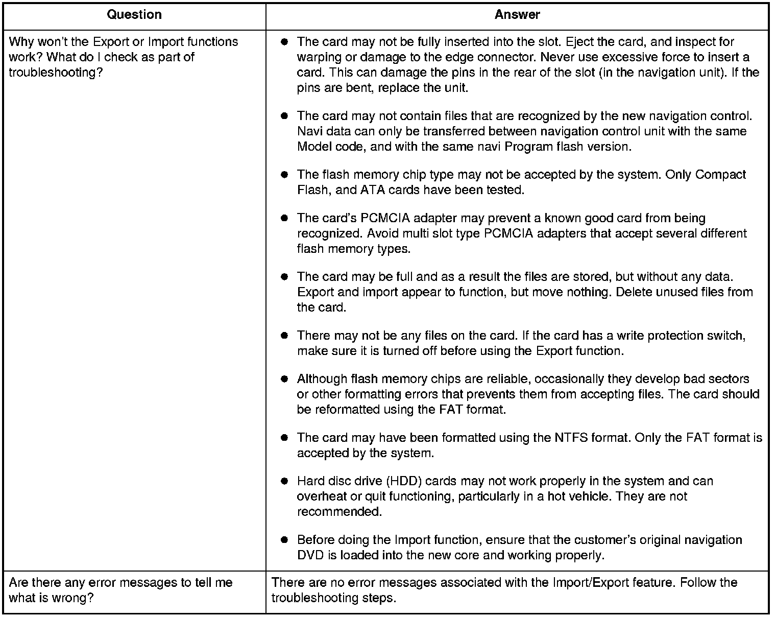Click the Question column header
point(134,15)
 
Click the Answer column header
point(517,15)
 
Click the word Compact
point(721,175)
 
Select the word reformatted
point(347,410)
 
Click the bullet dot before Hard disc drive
point(284,481)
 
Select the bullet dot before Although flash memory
point(284,379)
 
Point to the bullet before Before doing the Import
point(284,540)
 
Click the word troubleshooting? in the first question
point(52,73)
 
